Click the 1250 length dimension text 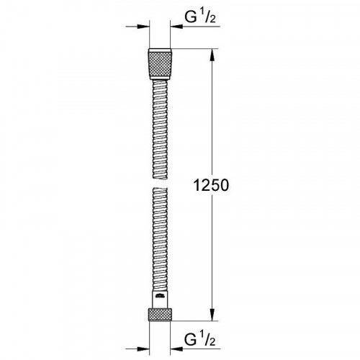pyautogui.click(x=211, y=185)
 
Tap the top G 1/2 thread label pyautogui.click(x=200, y=17)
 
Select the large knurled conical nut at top pyautogui.click(x=160, y=64)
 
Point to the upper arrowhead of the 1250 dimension pyautogui.click(x=212, y=55)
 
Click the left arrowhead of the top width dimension pyautogui.click(x=143, y=27)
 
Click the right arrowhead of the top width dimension pyautogui.click(x=176, y=27)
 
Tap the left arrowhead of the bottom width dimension pyautogui.click(x=143, y=348)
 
